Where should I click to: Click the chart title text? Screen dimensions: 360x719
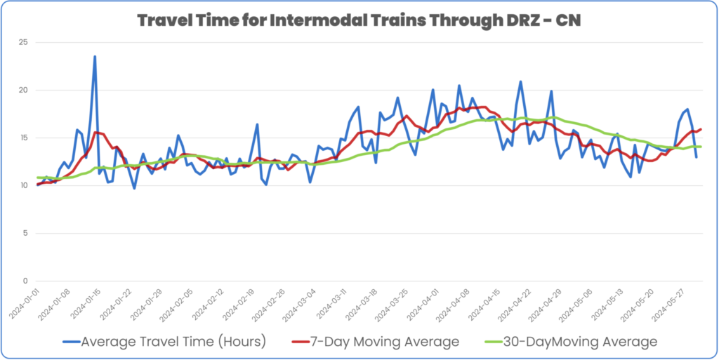pos(359,20)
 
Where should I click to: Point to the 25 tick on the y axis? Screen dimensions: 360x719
pos(23,43)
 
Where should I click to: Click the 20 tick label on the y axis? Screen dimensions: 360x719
pos(23,91)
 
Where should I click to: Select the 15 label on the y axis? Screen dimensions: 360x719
pos(23,138)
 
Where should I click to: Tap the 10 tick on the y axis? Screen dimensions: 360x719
pos(23,186)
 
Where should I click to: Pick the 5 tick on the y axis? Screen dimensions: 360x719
pos(25,234)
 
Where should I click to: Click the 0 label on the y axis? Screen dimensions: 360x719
pos(25,281)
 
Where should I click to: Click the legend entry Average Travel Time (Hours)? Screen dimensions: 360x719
pos(173,342)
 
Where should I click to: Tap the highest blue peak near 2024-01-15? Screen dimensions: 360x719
pos(95,57)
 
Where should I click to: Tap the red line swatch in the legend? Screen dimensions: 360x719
pos(301,342)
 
